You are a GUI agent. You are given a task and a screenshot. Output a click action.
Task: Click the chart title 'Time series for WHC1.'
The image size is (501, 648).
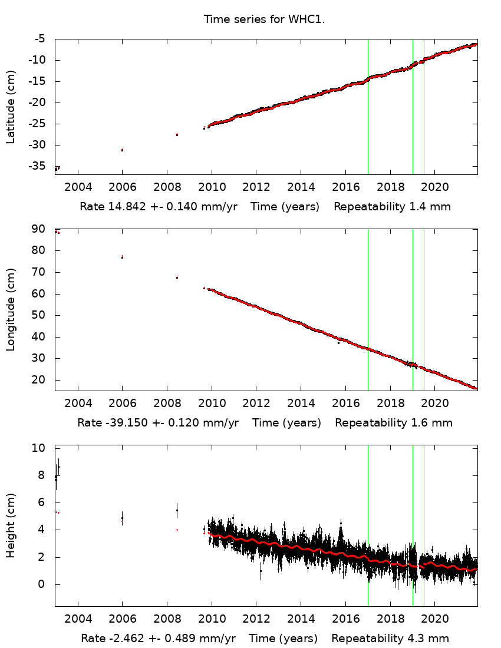(x=265, y=19)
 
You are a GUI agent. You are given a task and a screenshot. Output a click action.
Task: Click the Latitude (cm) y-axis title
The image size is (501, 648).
(x=11, y=107)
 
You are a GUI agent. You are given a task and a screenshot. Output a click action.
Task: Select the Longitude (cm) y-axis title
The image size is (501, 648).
(x=11, y=310)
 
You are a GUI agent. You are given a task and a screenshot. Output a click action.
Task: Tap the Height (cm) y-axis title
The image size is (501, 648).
(x=11, y=525)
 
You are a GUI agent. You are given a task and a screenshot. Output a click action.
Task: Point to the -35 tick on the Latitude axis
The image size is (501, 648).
(x=41, y=166)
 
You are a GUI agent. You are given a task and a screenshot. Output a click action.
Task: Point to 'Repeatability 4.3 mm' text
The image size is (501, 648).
(x=390, y=638)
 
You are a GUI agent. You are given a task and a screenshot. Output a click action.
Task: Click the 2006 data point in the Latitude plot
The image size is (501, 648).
(x=122, y=150)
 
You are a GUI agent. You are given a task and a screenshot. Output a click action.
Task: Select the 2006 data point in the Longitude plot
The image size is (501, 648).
(x=122, y=257)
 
